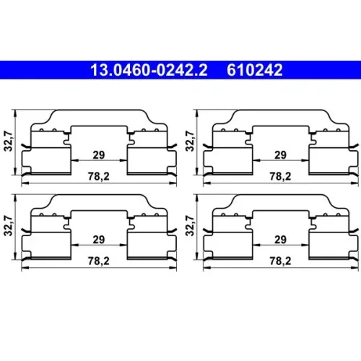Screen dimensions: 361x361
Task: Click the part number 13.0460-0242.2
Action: [149, 70]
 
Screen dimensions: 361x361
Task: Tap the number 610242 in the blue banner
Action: [255, 70]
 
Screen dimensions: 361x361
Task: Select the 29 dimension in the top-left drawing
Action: [99, 155]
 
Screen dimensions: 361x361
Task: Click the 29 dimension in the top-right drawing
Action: [280, 155]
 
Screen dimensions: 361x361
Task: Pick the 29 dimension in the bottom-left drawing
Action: [99, 240]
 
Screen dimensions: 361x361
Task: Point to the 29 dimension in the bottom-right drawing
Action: [280, 240]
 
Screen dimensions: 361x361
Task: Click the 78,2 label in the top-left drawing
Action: [99, 177]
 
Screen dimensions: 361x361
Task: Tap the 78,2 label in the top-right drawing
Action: [280, 177]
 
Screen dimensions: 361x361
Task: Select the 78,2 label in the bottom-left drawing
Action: [99, 261]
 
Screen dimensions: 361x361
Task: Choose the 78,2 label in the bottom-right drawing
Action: [280, 261]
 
